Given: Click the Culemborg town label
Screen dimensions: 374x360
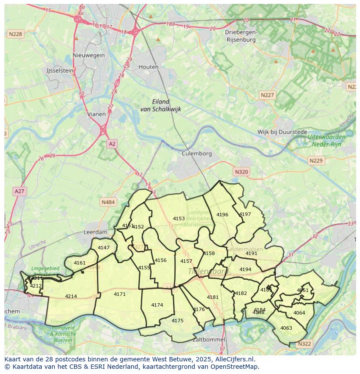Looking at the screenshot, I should pos(197,153).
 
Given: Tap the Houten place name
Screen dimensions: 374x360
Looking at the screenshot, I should pos(148,67).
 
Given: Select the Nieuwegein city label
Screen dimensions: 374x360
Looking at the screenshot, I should pos(89,55).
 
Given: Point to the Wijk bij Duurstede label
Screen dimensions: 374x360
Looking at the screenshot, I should pos(282,132).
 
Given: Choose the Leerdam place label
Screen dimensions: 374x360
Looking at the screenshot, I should pos(95,232).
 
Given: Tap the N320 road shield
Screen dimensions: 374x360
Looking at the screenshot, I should pos(241,172).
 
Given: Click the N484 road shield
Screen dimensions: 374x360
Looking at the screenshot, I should pos(108,202).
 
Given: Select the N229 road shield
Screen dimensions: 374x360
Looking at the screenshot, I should pos(316,161).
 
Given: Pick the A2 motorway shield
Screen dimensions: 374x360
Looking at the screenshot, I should pos(112,143).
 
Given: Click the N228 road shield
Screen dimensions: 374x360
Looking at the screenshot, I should pos(15,33).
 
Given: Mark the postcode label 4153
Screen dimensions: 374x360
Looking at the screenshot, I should pos(179,218).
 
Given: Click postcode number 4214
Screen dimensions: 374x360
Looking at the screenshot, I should pos(71,296).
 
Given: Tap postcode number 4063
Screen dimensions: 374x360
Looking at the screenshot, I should pos(286,328).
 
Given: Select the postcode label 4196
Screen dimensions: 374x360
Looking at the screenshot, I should pos(222,215).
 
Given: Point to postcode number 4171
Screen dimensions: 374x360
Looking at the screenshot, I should pos(120,294).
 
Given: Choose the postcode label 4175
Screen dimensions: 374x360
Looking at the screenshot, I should pos(177,321).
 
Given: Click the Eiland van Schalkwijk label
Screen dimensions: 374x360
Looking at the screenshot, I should pos(160,106).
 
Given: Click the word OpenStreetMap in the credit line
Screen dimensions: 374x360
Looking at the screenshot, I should pos(236,367).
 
